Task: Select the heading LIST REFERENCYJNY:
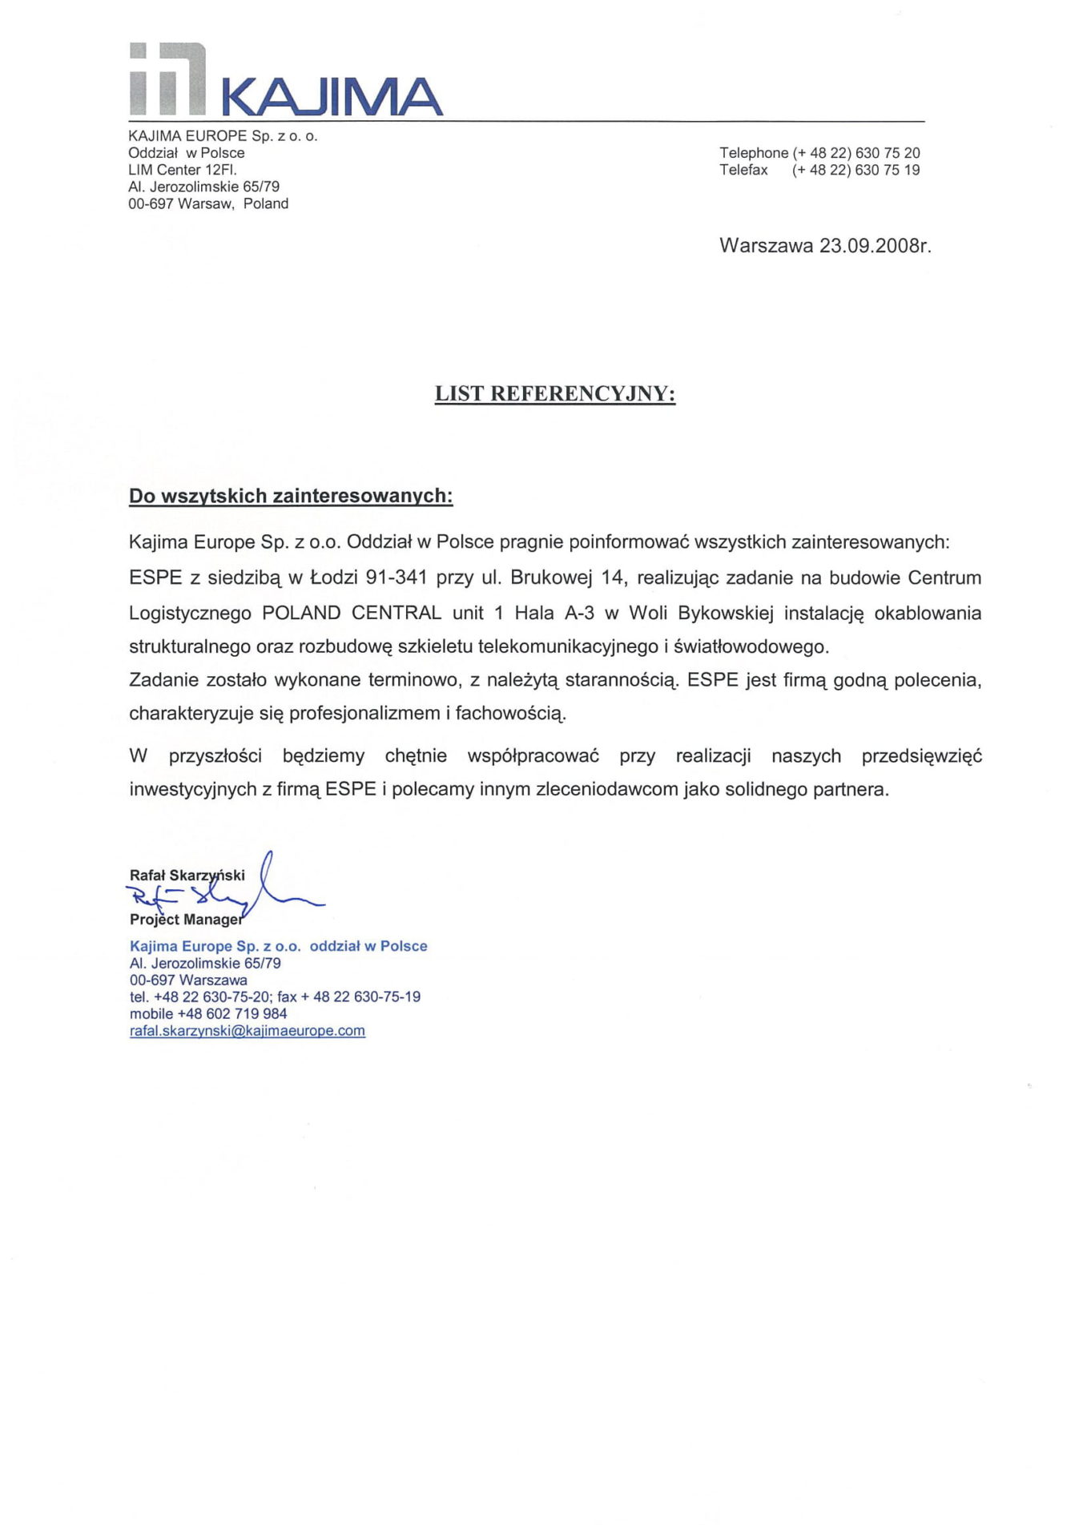[x=554, y=394]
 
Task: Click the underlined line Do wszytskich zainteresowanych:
[x=291, y=497]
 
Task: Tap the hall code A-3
[x=579, y=613]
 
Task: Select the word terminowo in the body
[x=414, y=680]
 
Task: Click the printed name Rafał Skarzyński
[x=187, y=876]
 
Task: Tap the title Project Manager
[x=186, y=920]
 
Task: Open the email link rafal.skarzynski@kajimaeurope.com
[x=247, y=1031]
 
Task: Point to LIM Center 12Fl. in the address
[x=183, y=170]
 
